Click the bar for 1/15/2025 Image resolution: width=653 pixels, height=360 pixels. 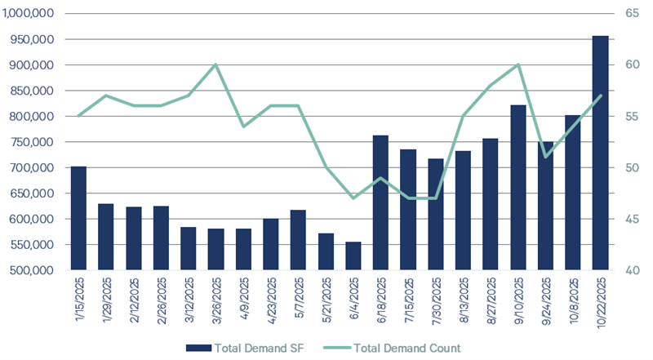tap(78, 218)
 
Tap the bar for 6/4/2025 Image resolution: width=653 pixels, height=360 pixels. tap(353, 256)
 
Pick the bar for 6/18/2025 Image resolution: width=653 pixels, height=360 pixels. tap(380, 202)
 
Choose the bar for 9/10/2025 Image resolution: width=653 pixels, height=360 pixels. tap(518, 188)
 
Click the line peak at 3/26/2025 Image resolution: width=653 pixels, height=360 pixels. tap(215, 64)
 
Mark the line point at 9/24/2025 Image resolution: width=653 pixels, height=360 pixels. tap(545, 157)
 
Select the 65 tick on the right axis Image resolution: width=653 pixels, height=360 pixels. tap(632, 14)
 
